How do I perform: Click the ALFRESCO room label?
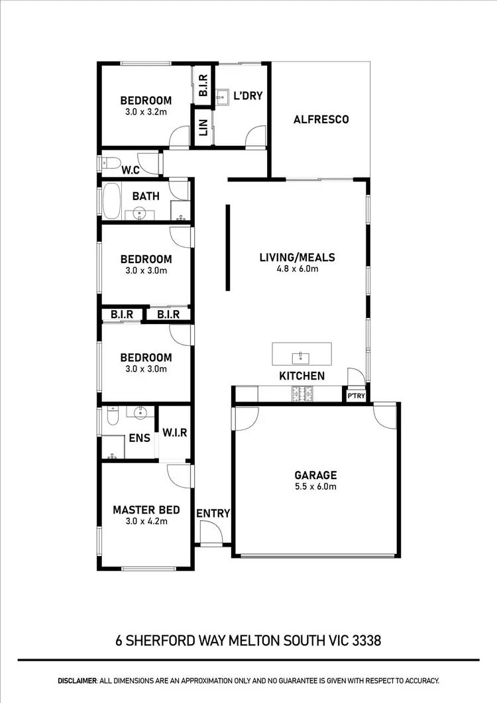321,120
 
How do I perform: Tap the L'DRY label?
248,96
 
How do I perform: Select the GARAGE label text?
315,475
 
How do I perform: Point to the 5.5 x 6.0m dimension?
315,486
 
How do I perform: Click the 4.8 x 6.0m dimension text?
297,269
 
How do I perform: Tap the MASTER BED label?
146,510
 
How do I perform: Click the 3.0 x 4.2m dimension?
146,521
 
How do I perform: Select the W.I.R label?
175,433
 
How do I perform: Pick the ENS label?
139,438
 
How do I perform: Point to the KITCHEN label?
302,376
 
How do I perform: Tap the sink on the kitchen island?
301,358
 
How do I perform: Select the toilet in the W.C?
112,162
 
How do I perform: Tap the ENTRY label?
213,513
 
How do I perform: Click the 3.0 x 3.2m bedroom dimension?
146,112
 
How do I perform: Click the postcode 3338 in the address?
364,641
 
